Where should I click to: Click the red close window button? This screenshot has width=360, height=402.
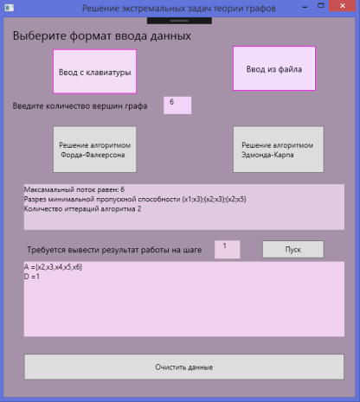click(x=343, y=6)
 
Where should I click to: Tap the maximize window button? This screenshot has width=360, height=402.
click(x=321, y=5)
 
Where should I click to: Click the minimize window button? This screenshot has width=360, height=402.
click(x=305, y=7)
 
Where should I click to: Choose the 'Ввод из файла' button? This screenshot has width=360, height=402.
click(x=274, y=68)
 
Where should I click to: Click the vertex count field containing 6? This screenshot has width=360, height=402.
click(x=177, y=105)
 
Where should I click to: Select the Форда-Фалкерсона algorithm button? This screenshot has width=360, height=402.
click(x=94, y=150)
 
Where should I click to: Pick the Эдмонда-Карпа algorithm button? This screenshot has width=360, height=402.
click(x=279, y=150)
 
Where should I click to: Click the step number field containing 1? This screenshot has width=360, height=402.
click(x=227, y=249)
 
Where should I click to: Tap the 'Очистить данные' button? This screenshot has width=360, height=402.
click(x=184, y=367)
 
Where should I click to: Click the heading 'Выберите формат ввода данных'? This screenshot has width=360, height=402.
click(x=102, y=36)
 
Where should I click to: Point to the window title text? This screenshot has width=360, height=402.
click(x=179, y=9)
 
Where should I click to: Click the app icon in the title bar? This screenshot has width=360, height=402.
click(x=10, y=8)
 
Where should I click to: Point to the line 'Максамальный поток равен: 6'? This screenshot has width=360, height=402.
click(x=74, y=189)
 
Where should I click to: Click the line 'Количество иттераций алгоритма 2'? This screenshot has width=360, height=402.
click(x=82, y=209)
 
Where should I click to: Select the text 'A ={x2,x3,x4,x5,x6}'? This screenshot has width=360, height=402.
click(x=53, y=267)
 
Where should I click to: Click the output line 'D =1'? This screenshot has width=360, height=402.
click(x=32, y=277)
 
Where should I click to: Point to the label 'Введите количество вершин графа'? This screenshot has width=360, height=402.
click(x=80, y=106)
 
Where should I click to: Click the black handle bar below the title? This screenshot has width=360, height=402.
click(x=179, y=21)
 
